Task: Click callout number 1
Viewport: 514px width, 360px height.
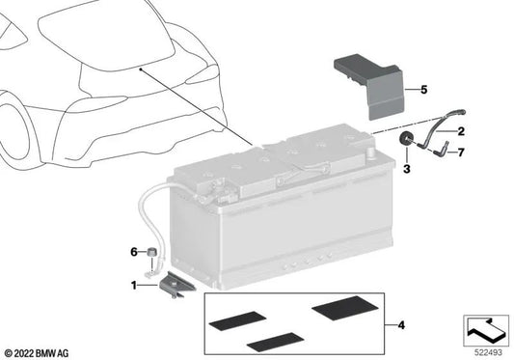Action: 134,285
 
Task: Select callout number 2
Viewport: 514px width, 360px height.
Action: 461,131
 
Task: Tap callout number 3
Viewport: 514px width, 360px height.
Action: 407,169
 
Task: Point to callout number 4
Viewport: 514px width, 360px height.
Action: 401,325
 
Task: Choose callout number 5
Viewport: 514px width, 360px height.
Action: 424,89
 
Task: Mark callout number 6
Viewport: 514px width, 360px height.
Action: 134,252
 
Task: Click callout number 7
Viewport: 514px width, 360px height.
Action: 461,152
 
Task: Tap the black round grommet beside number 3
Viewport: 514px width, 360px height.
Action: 406,139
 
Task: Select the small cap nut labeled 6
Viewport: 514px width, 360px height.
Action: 151,252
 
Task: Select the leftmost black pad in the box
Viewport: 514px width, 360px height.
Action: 237,320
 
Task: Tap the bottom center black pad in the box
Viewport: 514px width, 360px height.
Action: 276,342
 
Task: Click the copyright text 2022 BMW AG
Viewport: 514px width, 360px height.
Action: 37,353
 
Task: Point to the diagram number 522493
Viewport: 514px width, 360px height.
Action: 488,352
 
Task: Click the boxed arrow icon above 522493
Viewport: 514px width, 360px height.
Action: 486,330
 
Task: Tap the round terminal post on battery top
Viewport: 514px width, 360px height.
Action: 371,152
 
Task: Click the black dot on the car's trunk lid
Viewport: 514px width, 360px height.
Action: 140,69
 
